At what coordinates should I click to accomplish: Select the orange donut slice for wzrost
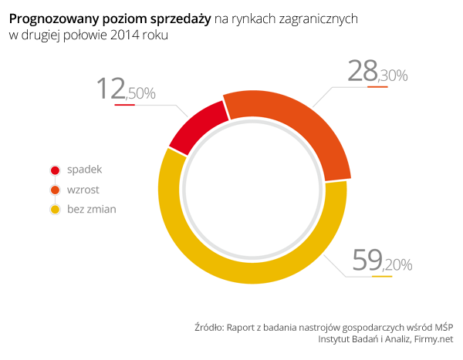point(294,123)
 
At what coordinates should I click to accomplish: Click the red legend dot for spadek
point(55,170)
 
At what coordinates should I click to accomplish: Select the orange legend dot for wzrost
point(55,190)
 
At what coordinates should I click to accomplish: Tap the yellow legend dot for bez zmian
point(55,209)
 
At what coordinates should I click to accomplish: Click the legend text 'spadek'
point(84,170)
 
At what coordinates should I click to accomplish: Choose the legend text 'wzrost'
point(83,189)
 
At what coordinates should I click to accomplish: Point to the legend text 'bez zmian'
point(92,208)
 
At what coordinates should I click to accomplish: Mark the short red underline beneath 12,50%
point(124,104)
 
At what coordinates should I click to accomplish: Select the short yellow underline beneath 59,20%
point(382,276)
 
